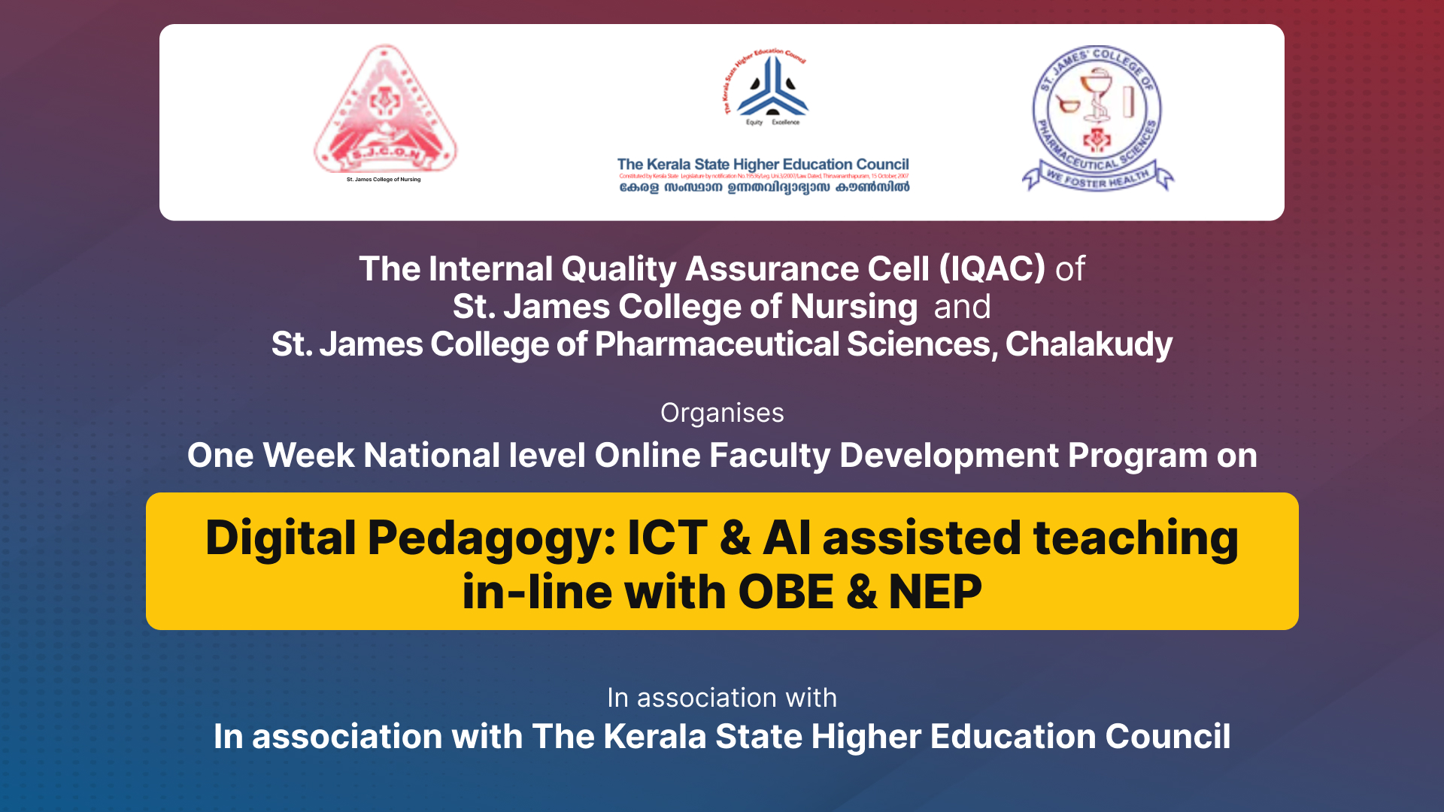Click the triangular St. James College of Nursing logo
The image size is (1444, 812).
(384, 113)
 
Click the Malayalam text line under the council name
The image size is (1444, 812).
(764, 187)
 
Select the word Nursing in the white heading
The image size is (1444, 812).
(854, 307)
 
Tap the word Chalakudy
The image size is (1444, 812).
(1088, 344)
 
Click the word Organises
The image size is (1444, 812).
(722, 413)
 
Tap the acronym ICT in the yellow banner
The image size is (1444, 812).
(667, 538)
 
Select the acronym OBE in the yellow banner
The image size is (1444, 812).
(786, 592)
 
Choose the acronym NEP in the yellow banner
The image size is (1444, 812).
(935, 592)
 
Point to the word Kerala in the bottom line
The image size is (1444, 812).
(654, 737)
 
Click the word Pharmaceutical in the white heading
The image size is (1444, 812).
(716, 344)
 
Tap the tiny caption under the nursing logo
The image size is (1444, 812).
(384, 180)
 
